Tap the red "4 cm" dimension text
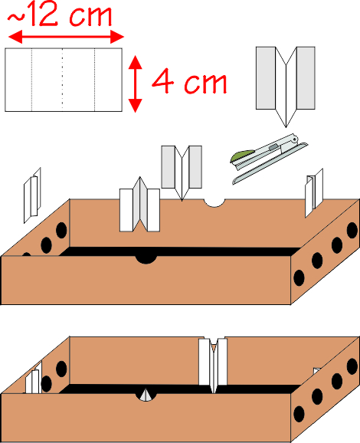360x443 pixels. tap(189, 81)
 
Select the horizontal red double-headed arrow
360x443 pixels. tap(66, 37)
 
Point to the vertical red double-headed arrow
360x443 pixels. tap(136, 84)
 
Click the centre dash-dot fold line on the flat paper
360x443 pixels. tap(62, 80)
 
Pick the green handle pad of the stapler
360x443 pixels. tap(242, 155)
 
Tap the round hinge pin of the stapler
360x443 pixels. tap(294, 139)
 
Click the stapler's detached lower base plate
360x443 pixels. tap(270, 163)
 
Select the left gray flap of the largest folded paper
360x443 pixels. tap(266, 78)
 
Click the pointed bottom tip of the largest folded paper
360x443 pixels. tap(286, 127)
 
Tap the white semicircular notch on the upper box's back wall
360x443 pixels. tap(214, 203)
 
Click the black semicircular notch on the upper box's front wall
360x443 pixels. tap(146, 259)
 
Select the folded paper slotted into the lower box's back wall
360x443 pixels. tap(213, 364)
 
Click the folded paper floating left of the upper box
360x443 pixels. tap(32, 195)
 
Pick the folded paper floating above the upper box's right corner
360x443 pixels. tap(314, 193)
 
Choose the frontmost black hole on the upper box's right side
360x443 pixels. tap(299, 277)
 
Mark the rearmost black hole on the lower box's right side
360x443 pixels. tap(352, 366)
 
